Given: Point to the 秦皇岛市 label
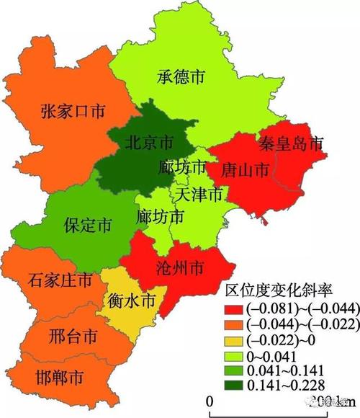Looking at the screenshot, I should click(292, 143).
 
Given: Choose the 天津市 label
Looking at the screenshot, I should click(201, 194).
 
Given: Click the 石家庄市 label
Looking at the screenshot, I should click(60, 279).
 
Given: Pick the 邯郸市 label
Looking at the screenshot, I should click(58, 377).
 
